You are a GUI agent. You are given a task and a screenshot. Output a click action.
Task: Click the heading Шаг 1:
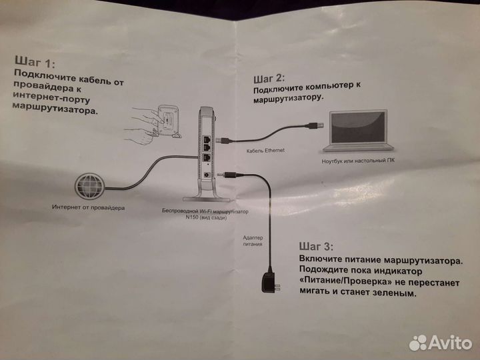coord(35,62)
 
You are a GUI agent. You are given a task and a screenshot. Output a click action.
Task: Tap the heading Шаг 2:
coord(269,79)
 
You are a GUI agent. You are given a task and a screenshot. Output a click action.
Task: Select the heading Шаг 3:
coord(316,246)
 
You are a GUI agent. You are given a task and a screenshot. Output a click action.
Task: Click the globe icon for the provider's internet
coord(90,186)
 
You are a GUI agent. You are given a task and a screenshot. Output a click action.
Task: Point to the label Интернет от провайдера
coord(88,207)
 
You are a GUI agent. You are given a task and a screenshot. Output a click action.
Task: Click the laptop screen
coord(358,127)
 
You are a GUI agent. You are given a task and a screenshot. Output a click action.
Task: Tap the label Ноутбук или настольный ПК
coord(358,161)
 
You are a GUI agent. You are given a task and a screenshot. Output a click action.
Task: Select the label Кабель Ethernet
coord(265,150)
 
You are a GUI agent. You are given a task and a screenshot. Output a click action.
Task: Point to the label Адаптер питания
coord(253,241)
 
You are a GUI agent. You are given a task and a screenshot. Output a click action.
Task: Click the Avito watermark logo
coord(440,343)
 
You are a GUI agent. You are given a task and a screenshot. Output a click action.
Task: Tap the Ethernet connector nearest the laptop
coord(315,125)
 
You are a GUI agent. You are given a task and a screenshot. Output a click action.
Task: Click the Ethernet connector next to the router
coord(223,140)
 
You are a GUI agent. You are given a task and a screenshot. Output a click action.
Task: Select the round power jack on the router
coord(207,175)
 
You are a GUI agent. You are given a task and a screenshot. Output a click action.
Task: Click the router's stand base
coord(206,199)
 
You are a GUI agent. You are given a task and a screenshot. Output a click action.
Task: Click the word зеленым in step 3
coord(394,293)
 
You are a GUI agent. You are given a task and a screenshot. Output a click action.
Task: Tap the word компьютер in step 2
coord(329,86)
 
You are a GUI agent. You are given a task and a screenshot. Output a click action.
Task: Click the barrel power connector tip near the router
coord(221,174)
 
